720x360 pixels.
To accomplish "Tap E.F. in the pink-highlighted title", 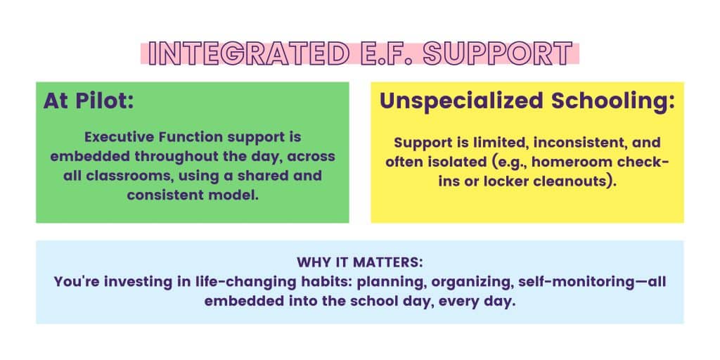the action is point(387,53).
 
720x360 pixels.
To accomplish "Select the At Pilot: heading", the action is point(89,101).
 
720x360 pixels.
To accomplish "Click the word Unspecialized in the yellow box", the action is point(461,102).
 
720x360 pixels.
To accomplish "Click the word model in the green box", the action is point(233,195).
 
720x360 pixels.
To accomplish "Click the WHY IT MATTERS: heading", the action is point(359,262).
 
